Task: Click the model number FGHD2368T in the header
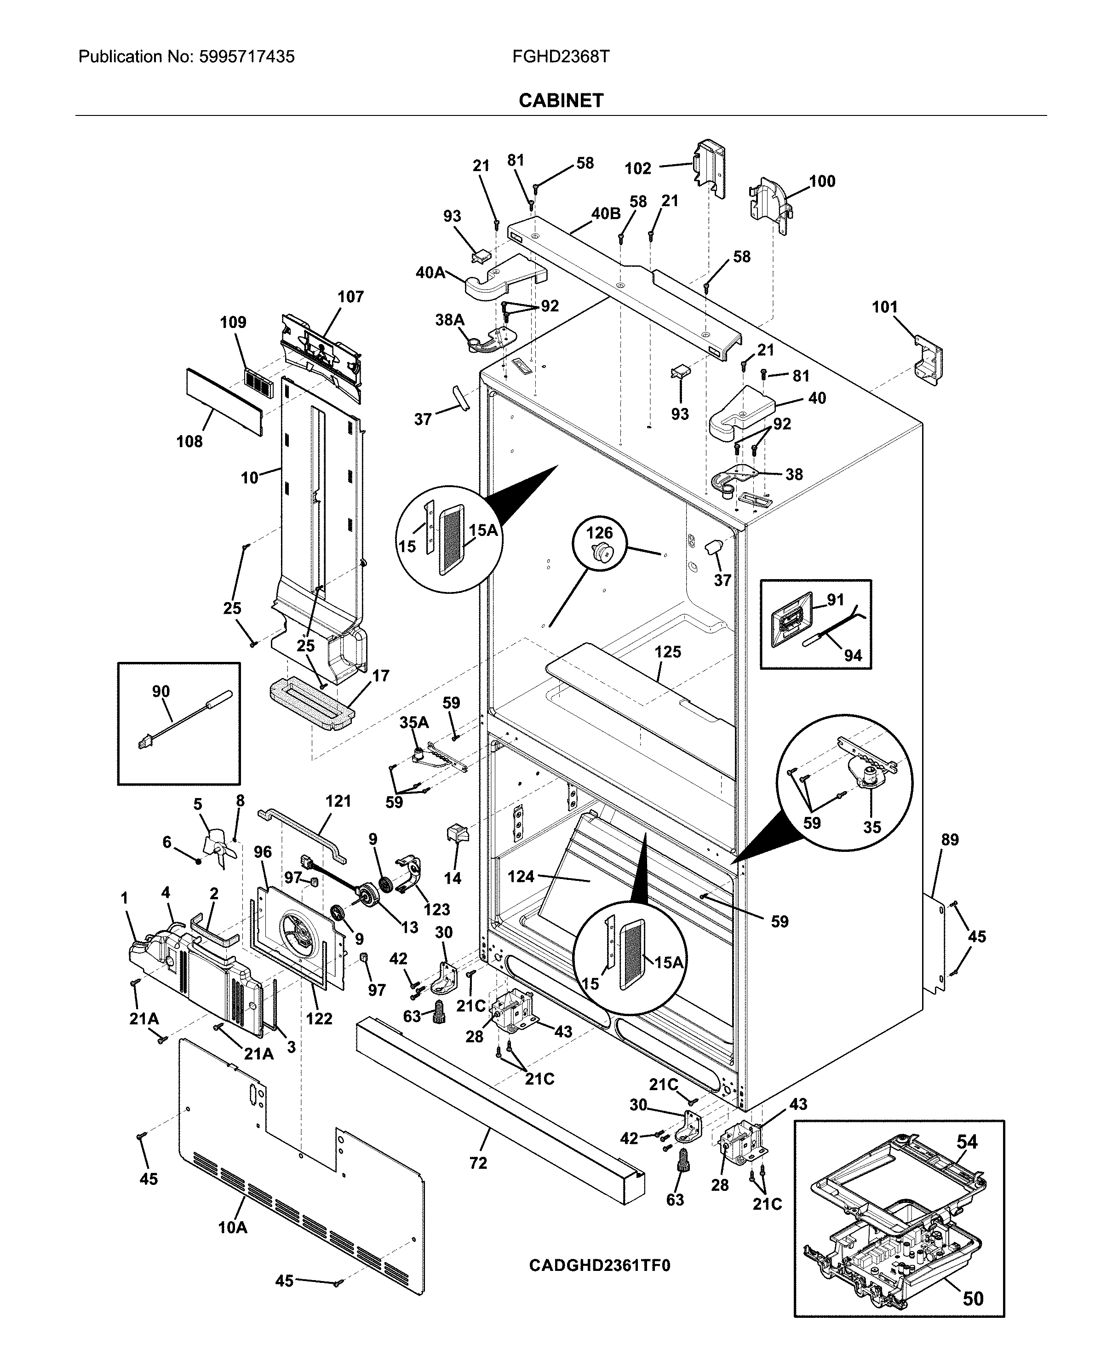pos(560,57)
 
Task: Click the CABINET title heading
pos(561,100)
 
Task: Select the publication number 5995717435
pos(247,57)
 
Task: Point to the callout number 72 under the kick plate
pos(478,1163)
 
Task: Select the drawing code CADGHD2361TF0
pos(599,1266)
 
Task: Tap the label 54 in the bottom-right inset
pos(967,1142)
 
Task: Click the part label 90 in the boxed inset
pos(161,691)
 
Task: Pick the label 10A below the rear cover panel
pos(233,1228)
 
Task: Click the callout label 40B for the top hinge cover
pos(605,213)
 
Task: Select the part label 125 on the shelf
pos(667,652)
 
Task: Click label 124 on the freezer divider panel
pos(521,876)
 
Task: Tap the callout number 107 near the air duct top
pos(350,297)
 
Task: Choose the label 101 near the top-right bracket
pos(884,307)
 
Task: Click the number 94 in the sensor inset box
pos(853,656)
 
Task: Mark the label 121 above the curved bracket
pos(338,801)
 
